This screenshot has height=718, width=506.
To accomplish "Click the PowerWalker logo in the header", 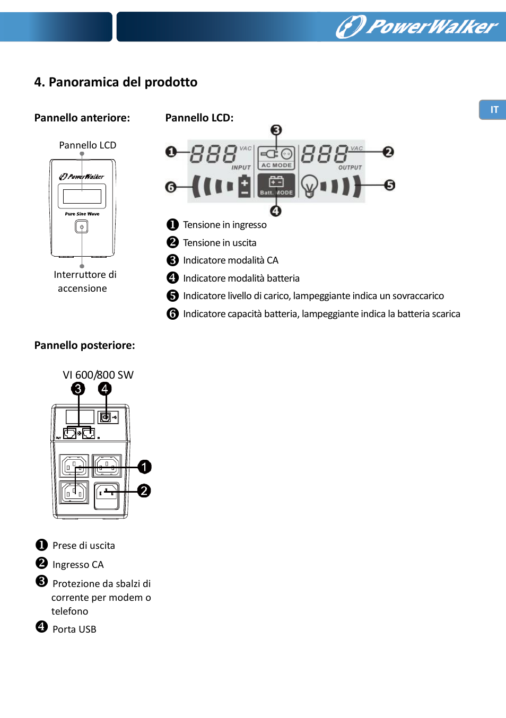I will pyautogui.click(x=417, y=26).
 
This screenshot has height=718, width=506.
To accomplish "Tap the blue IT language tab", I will pyautogui.click(x=493, y=110).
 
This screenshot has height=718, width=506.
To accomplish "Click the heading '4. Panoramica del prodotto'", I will pyautogui.click(x=116, y=82).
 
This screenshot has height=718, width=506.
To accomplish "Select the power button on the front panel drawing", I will pyautogui.click(x=82, y=227).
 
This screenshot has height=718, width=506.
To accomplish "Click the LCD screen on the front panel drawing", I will pyautogui.click(x=82, y=196).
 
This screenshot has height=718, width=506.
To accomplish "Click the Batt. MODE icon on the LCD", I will pyautogui.click(x=276, y=186).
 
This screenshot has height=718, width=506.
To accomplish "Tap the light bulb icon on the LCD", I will pyautogui.click(x=309, y=186).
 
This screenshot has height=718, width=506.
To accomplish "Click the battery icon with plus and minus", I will pyautogui.click(x=244, y=187).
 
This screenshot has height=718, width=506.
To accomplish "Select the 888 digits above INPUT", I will pyautogui.click(x=213, y=154).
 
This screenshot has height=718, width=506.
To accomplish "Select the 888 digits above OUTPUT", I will pyautogui.click(x=325, y=154).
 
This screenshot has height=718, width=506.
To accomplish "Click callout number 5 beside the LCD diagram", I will pyautogui.click(x=390, y=185).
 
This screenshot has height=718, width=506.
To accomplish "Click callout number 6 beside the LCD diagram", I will pyautogui.click(x=171, y=187).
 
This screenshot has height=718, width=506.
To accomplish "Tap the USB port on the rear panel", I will pyautogui.click(x=106, y=417).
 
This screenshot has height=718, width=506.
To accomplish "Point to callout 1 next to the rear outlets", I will pyautogui.click(x=144, y=467).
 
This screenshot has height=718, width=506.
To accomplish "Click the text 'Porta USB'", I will pyautogui.click(x=74, y=629).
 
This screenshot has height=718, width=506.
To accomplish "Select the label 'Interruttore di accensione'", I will pyautogui.click(x=84, y=282).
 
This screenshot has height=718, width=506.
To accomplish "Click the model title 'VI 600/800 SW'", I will pyautogui.click(x=98, y=375).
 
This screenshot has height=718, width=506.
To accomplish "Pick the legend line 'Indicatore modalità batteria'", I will pyautogui.click(x=241, y=278).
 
